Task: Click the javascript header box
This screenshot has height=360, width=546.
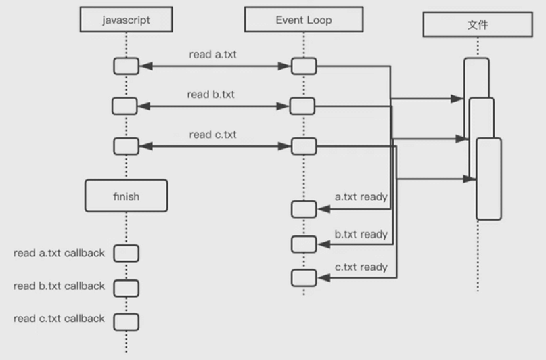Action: pos(125,20)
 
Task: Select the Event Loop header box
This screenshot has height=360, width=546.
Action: pos(304,20)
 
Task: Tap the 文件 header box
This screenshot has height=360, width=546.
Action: pos(478,25)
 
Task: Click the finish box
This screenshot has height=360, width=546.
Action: pos(126,196)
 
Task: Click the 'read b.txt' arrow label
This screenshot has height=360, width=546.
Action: pos(211,95)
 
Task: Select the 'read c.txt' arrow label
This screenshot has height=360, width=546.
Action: pos(213,135)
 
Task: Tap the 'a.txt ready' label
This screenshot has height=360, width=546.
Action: pos(361,197)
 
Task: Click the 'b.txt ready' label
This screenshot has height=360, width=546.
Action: pos(361,235)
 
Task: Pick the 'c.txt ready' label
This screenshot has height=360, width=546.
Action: pos(361,267)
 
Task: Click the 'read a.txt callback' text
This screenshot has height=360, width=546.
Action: pos(59,253)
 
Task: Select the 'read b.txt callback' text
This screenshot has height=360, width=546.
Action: pos(59,286)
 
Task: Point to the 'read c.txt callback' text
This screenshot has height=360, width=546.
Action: pos(59,318)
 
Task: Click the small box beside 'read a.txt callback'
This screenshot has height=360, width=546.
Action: pos(126,253)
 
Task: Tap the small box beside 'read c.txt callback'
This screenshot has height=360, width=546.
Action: pos(126,320)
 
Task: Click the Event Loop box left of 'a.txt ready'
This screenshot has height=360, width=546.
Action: pos(304,209)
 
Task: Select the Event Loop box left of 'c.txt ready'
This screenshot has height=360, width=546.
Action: pos(304,277)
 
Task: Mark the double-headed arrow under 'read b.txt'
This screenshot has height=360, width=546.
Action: pos(214,106)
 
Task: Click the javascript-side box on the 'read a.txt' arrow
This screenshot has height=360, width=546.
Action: pos(126,66)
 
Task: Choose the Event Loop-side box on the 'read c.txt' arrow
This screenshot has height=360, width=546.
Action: pos(304,146)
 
